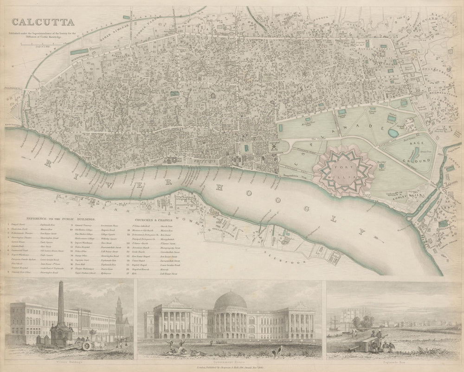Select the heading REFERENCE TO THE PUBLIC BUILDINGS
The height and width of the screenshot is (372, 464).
(x=61, y=218)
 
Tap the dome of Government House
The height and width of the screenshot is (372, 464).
(x=231, y=303)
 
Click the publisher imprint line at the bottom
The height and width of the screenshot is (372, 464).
(x=232, y=367)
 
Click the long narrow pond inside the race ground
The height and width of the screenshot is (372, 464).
(x=416, y=154)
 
